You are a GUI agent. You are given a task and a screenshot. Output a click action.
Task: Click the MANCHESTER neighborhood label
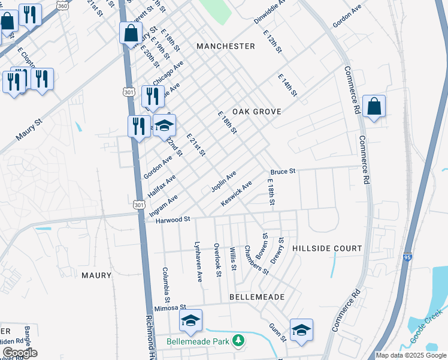[x=225, y=46]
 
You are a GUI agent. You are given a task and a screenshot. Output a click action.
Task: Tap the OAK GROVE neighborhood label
[x=257, y=112]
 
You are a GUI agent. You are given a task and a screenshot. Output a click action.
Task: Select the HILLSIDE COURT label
[x=327, y=248]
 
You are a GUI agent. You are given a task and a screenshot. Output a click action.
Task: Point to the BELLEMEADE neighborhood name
[x=256, y=297]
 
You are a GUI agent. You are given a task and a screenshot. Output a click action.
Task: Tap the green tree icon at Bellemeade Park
[x=238, y=341]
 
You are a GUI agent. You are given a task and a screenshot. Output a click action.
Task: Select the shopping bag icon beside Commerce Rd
[x=374, y=107]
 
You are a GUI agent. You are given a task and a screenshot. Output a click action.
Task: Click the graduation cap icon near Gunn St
[x=301, y=329]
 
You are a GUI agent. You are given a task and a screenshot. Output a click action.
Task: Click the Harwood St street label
[x=172, y=220]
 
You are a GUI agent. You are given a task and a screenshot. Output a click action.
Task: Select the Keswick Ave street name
[x=236, y=193]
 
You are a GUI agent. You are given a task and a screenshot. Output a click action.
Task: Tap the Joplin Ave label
[x=223, y=181]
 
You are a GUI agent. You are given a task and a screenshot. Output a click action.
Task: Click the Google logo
[x=20, y=353]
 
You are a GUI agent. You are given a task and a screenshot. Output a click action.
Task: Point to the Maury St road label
[x=29, y=130]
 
